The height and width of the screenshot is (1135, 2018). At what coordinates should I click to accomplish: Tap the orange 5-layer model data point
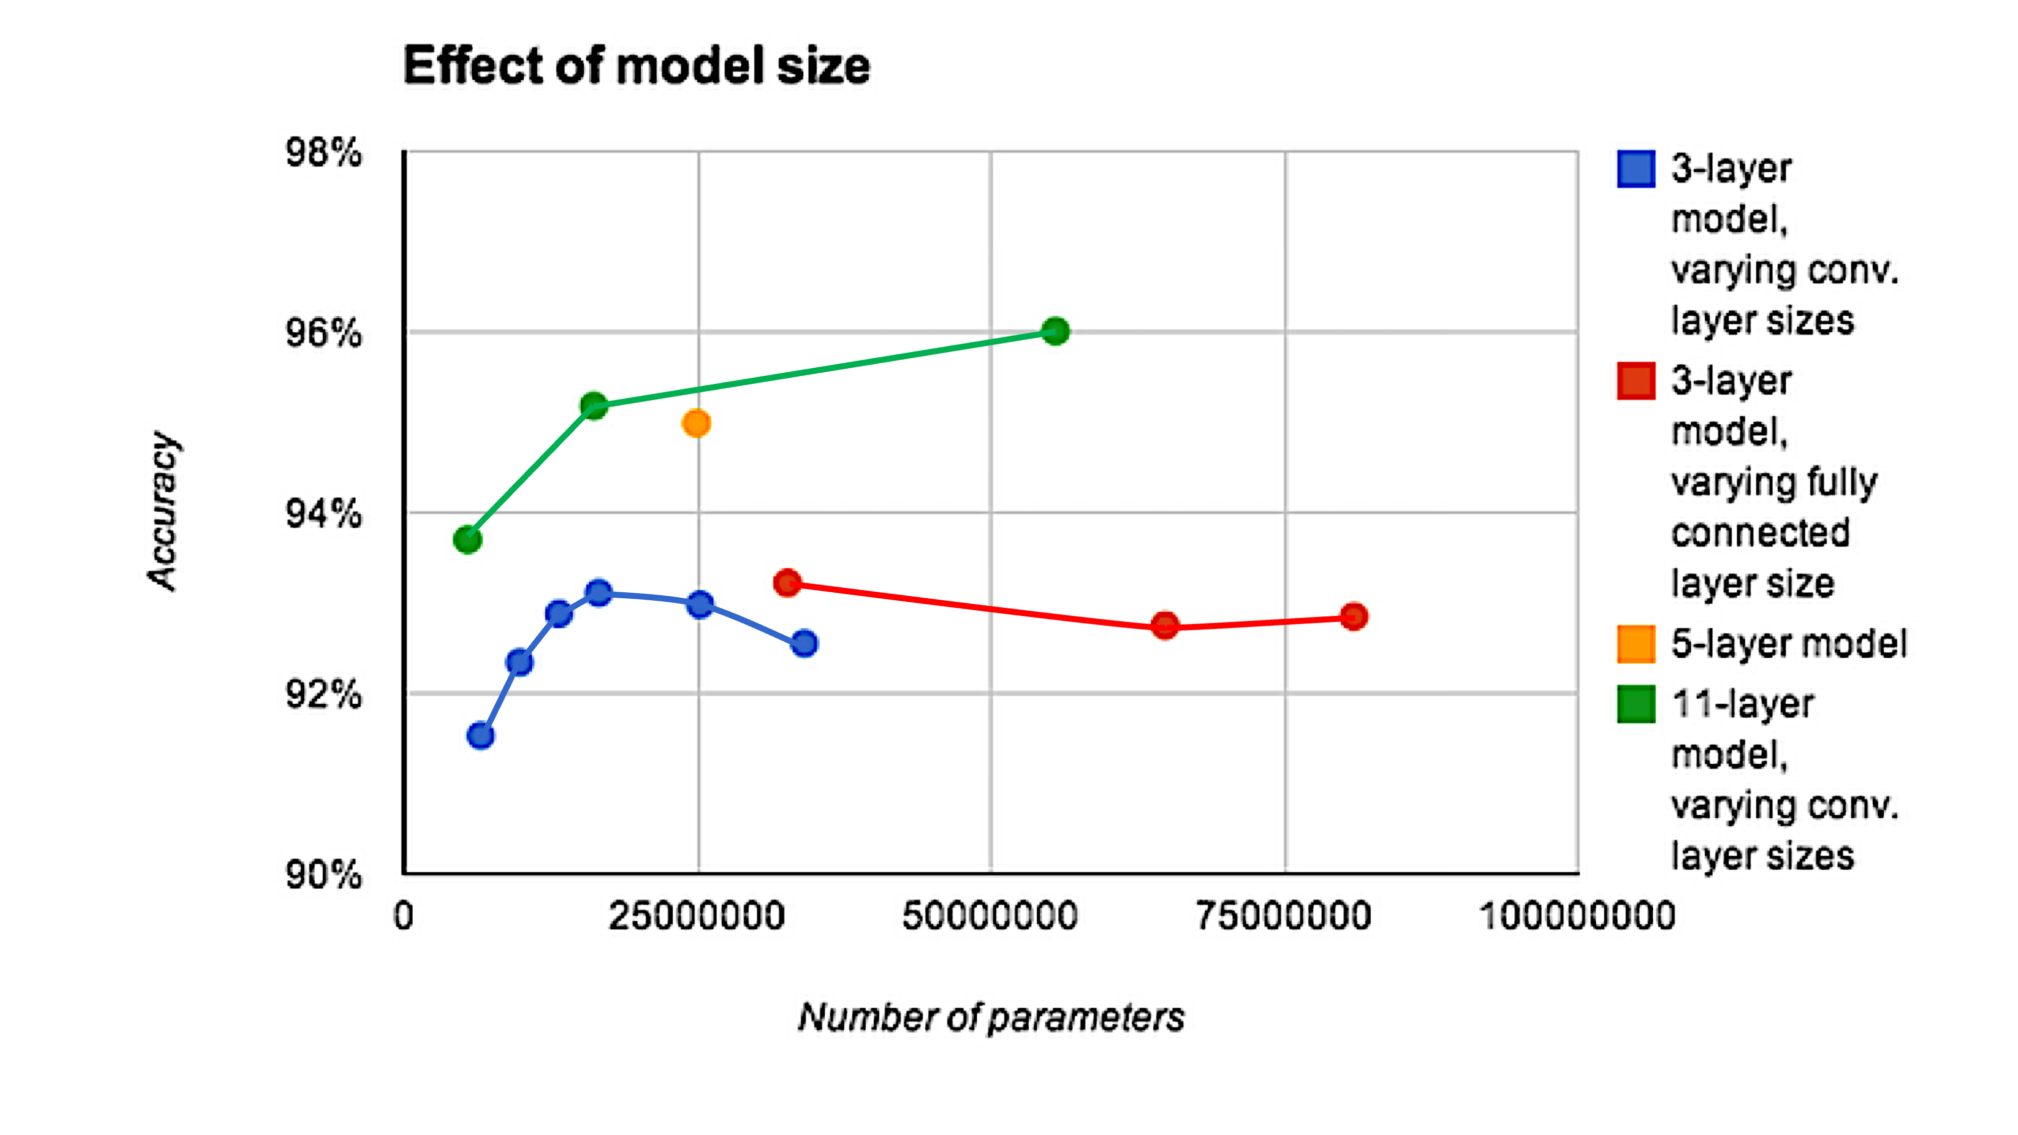696,424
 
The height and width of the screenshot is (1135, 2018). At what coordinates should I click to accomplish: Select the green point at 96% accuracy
1055,331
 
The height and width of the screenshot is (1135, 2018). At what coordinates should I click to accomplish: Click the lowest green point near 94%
467,540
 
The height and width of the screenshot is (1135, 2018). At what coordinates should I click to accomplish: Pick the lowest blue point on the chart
480,735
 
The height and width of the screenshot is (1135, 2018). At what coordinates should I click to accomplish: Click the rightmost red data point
1353,616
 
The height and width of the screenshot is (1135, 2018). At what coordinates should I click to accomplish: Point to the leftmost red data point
787,583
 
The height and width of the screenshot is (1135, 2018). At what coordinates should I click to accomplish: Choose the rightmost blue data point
804,644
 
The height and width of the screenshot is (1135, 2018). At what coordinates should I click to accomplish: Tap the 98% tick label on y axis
323,153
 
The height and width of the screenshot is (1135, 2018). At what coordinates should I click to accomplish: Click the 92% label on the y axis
323,694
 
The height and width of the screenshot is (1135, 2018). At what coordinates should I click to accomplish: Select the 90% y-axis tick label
323,874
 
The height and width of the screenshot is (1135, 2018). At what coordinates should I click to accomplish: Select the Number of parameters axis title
991,1017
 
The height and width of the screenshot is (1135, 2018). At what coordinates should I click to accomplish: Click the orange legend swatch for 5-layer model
1636,644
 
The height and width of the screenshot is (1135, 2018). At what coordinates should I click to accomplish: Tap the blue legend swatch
1636,168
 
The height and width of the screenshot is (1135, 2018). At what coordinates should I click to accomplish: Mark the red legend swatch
1636,381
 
